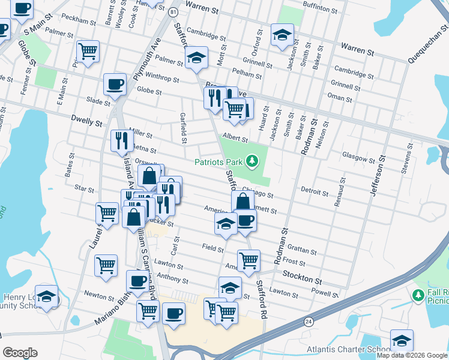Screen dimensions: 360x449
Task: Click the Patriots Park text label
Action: (x=219, y=161)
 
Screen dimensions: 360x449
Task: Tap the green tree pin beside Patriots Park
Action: (x=253, y=161)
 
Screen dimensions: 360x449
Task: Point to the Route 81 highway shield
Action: (x=173, y=12)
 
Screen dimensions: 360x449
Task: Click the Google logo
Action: (x=20, y=353)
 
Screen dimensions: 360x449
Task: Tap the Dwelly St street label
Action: (x=86, y=122)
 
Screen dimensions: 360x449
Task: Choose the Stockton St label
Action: (x=303, y=280)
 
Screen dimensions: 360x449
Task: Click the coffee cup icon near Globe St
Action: (x=115, y=83)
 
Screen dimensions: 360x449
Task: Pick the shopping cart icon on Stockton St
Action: (x=249, y=260)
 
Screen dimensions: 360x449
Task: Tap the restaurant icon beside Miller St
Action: (x=122, y=140)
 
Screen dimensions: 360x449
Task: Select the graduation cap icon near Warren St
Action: (x=282, y=34)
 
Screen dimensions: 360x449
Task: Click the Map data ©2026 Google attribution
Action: (x=412, y=355)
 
